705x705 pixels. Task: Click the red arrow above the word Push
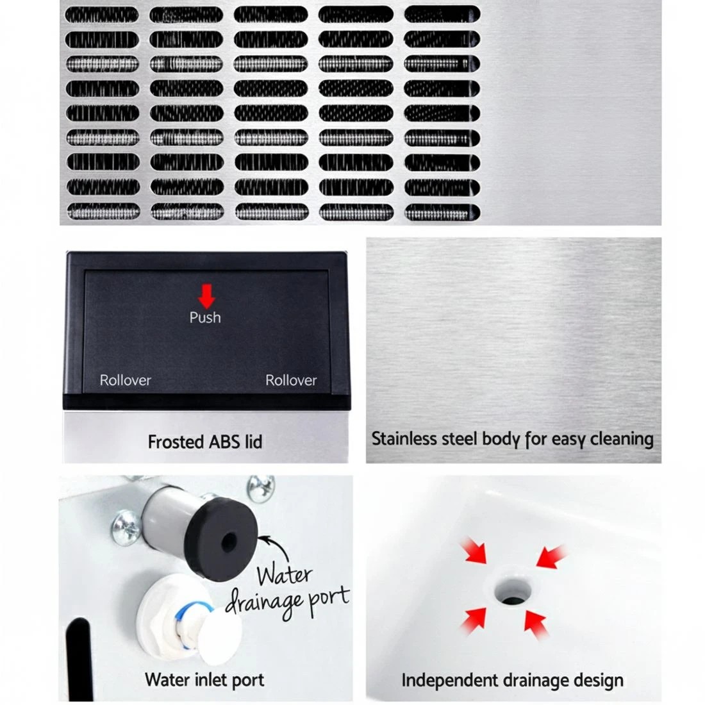pyautogui.click(x=205, y=296)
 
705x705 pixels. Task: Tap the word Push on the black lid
pyautogui.click(x=205, y=317)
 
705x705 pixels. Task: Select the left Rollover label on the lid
pyautogui.click(x=126, y=380)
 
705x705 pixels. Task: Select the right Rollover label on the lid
pyautogui.click(x=291, y=380)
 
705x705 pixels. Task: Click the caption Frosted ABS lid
pyautogui.click(x=204, y=442)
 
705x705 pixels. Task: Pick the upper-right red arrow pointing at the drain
pyautogui.click(x=552, y=555)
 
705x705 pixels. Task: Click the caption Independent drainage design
pyautogui.click(x=512, y=680)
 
